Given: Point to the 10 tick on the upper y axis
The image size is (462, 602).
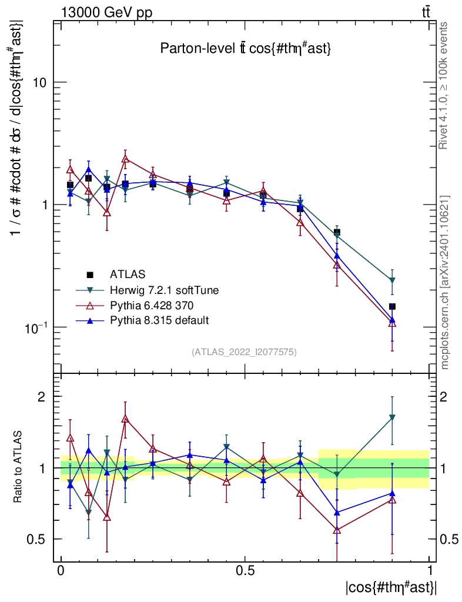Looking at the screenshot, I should coord(40,82).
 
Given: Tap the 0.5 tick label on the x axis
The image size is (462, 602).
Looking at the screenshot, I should coord(245,571).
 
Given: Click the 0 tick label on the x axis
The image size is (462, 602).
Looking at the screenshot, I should coord(61,571).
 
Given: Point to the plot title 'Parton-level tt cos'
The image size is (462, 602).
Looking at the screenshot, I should coord(246,49).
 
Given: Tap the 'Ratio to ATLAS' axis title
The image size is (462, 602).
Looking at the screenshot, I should coord(18,467).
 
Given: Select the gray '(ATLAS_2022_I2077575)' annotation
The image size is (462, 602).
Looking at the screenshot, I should coord(244,352).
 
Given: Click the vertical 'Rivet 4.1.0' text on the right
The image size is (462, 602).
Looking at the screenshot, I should coord(444,85).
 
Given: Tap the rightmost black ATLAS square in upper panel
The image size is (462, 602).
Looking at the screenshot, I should coord(392,306).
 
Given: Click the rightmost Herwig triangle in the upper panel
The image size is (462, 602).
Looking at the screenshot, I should coord(392,280).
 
